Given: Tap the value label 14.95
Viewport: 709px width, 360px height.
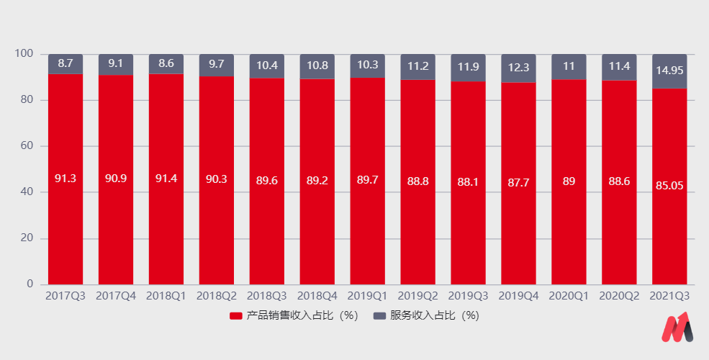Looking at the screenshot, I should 669,71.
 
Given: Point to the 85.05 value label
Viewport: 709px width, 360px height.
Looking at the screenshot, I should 669,186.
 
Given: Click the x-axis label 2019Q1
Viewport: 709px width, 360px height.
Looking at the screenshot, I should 367,296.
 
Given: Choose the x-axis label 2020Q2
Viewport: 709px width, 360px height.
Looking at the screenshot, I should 619,296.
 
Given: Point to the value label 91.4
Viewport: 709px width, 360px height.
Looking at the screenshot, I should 166,179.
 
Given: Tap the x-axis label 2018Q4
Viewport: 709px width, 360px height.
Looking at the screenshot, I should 317,296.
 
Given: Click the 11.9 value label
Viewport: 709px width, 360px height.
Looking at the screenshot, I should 468,67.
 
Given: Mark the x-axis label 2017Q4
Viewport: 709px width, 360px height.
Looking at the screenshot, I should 115,296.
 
